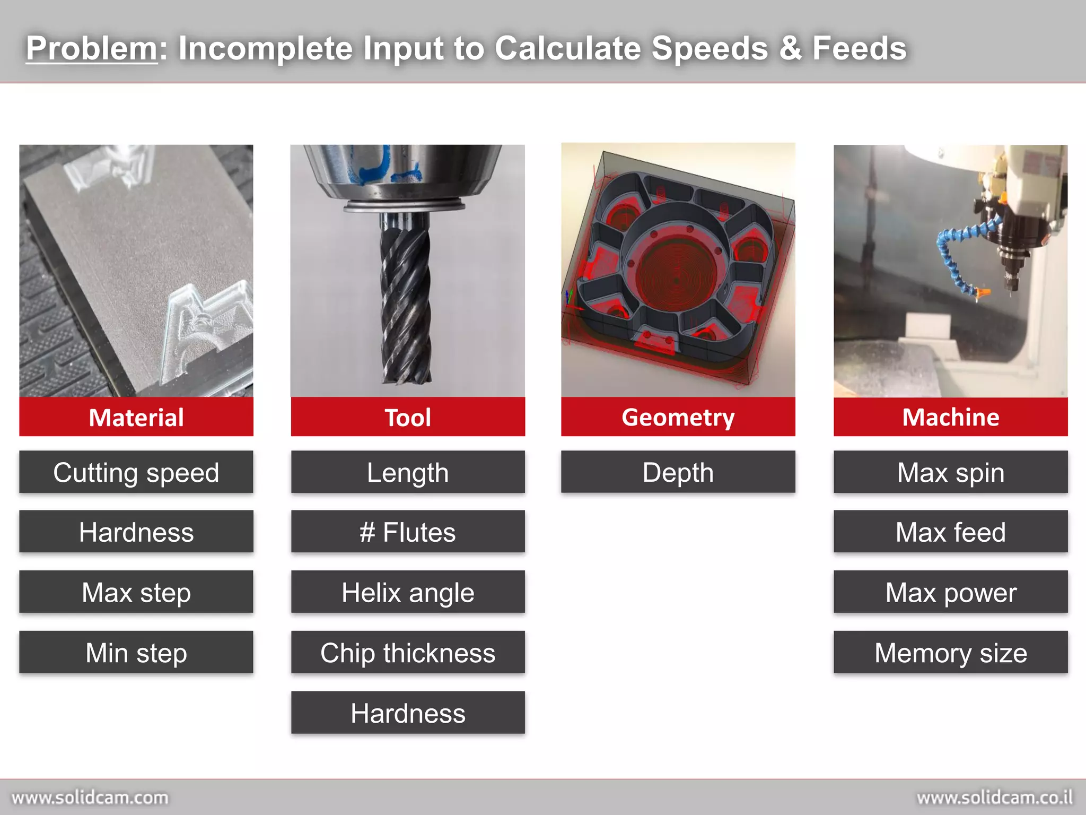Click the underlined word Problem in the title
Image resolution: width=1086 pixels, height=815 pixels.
pos(92,48)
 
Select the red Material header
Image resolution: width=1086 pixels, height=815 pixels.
pos(136,417)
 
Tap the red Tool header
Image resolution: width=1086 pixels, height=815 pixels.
pos(408,417)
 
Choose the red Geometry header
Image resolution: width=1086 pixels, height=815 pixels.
pos(678,417)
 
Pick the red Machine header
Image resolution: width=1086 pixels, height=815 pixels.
pos(950,417)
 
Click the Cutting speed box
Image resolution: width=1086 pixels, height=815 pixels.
pos(136,472)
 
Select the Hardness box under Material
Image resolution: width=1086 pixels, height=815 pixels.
pos(136,532)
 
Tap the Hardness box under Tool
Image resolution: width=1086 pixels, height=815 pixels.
pos(408,713)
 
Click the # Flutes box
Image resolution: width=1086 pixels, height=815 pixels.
pos(408,532)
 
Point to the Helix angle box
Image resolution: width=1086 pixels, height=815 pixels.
pos(408,592)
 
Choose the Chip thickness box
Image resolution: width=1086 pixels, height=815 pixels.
pos(408,652)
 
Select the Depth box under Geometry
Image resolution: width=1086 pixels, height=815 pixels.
pos(678,472)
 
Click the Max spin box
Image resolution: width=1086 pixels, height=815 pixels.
pos(950,472)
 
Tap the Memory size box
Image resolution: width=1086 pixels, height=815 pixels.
pos(950,652)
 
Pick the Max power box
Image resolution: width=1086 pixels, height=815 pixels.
pos(950,592)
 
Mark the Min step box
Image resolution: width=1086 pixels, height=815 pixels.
pos(136,652)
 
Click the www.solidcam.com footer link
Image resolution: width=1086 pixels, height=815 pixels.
pos(90,797)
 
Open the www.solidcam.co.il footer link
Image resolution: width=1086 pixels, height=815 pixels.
pos(995,797)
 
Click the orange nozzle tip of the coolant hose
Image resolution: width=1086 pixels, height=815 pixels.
pos(983,292)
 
